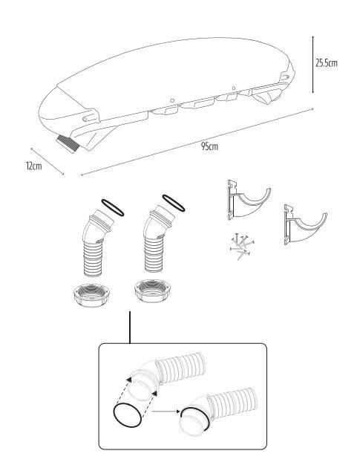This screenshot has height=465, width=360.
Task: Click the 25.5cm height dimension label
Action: click(x=326, y=63)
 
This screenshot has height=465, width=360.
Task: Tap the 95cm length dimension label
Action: click(x=209, y=146)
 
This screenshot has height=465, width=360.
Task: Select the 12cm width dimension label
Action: click(x=34, y=166)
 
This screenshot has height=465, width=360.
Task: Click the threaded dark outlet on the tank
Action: click(x=69, y=143)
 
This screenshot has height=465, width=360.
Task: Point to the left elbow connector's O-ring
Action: click(x=113, y=207)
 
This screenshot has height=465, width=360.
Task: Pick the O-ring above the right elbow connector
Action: click(x=174, y=203)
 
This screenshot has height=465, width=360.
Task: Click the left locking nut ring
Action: click(x=91, y=295)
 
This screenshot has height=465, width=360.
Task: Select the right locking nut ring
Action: click(x=154, y=290)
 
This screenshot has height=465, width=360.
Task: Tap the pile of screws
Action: click(x=242, y=247)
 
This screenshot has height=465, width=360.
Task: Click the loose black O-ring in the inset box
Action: click(x=127, y=415)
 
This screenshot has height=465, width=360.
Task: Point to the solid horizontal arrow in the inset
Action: click(x=166, y=412)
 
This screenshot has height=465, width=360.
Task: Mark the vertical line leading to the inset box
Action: click(x=130, y=328)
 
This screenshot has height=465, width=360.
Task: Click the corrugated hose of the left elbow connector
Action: click(x=94, y=258)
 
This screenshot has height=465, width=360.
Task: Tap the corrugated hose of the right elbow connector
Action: click(x=154, y=254)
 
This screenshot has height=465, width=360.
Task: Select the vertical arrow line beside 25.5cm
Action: click(x=312, y=65)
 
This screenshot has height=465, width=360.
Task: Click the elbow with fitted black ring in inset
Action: click(x=217, y=412)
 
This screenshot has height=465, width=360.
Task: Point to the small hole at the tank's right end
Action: click(x=287, y=77)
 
